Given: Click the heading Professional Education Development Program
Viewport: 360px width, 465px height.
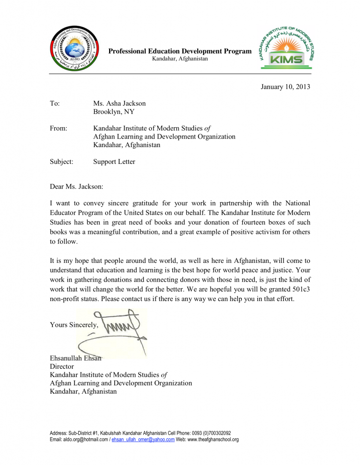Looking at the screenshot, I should pyautogui.click(x=180, y=51).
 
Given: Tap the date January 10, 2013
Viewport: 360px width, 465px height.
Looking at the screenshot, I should pyautogui.click(x=285, y=86).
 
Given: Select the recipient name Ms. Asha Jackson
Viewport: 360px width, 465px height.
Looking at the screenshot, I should pyautogui.click(x=120, y=104).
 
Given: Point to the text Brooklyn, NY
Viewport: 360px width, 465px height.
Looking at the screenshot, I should pyautogui.click(x=114, y=112).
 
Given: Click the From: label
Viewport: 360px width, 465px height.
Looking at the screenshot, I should pyautogui.click(x=58, y=129).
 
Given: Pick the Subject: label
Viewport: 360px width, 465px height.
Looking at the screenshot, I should pyautogui.click(x=61, y=161).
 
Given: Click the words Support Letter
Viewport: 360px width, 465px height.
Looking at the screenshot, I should pyautogui.click(x=114, y=161).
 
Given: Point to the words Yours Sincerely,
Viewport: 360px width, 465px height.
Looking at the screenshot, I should pyautogui.click(x=74, y=325).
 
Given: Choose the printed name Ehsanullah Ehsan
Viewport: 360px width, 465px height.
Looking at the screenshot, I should pyautogui.click(x=75, y=358).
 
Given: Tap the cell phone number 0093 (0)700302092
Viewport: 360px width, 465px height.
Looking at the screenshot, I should pyautogui.click(x=210, y=433).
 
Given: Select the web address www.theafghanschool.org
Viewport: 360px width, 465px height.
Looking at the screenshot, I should pyautogui.click(x=212, y=440).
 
